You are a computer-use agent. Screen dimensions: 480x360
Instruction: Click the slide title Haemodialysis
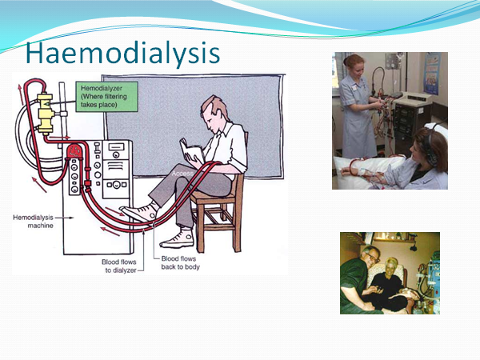click(x=122, y=53)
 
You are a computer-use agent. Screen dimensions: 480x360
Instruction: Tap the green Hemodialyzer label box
click(x=107, y=97)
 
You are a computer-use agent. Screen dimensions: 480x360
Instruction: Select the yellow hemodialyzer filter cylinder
click(x=45, y=114)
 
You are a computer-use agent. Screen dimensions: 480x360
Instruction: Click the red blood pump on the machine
click(x=74, y=151)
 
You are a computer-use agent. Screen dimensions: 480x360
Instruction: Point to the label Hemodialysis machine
click(x=33, y=222)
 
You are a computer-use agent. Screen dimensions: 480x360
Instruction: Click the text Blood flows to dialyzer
click(x=119, y=266)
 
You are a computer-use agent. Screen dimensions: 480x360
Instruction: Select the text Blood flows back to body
click(x=180, y=262)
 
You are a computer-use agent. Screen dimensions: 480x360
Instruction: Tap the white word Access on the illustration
click(x=182, y=174)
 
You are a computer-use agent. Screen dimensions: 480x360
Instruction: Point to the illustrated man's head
click(x=214, y=112)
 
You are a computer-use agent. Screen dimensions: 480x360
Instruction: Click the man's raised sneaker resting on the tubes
click(x=138, y=213)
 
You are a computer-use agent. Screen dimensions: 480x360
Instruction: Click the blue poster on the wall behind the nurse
click(x=432, y=74)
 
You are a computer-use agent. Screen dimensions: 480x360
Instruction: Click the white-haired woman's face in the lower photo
click(x=390, y=266)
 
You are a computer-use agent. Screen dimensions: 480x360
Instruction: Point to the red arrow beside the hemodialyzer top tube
click(x=21, y=94)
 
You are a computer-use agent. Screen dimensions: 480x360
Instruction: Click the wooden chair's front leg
click(x=201, y=227)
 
